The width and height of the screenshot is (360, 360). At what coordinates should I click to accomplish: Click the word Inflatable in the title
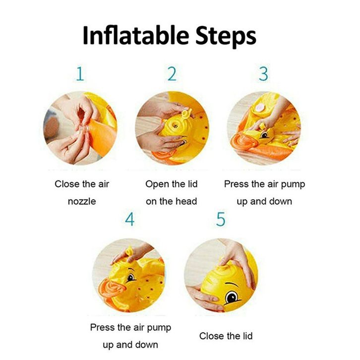click(136, 35)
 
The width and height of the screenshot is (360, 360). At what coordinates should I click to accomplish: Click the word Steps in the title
click(226, 37)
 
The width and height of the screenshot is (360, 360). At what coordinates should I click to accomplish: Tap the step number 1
click(80, 74)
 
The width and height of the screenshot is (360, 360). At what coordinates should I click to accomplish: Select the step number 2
click(172, 74)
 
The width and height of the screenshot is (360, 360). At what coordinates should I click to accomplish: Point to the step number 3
click(263, 74)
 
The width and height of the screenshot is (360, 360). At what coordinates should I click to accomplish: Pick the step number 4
click(130, 219)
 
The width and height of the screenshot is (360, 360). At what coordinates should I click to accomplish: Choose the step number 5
click(221, 219)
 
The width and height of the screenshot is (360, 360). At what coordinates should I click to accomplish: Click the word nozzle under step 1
click(82, 201)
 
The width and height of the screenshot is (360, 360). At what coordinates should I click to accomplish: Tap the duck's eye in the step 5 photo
click(232, 298)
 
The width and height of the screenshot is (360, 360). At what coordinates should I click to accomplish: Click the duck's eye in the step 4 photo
click(130, 278)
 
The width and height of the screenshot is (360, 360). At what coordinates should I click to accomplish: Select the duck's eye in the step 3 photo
click(265, 135)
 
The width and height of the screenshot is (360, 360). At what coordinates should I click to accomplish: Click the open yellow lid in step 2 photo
click(186, 113)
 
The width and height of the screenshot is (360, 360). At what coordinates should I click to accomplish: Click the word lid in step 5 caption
click(247, 336)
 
